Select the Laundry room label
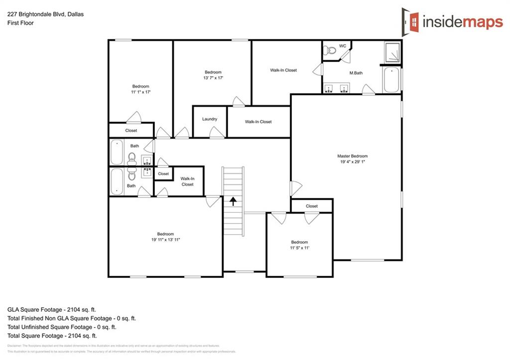pos(210,119)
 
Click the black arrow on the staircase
pos(233,201)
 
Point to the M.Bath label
pos(356,73)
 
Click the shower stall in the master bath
pos(392,52)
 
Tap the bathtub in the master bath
pos(391,80)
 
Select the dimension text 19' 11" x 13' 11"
pos(165,240)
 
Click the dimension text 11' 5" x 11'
pos(300,248)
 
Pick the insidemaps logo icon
pos(410,20)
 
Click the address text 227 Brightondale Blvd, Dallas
pos(45,14)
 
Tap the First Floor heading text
pos(20,23)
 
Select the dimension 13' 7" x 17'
pos(213,78)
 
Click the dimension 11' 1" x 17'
pos(140,92)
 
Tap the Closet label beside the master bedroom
pos(312,206)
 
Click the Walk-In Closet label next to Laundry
pos(258,122)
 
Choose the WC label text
pos(343,46)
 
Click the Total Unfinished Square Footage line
pos(62,327)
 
